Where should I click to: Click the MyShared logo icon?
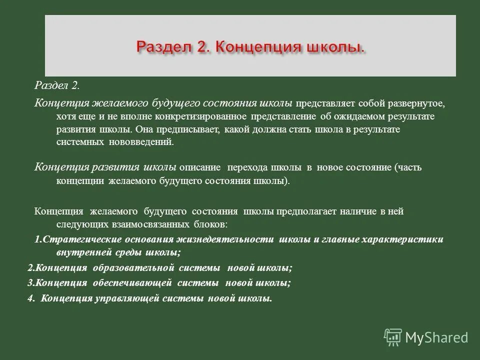393,338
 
